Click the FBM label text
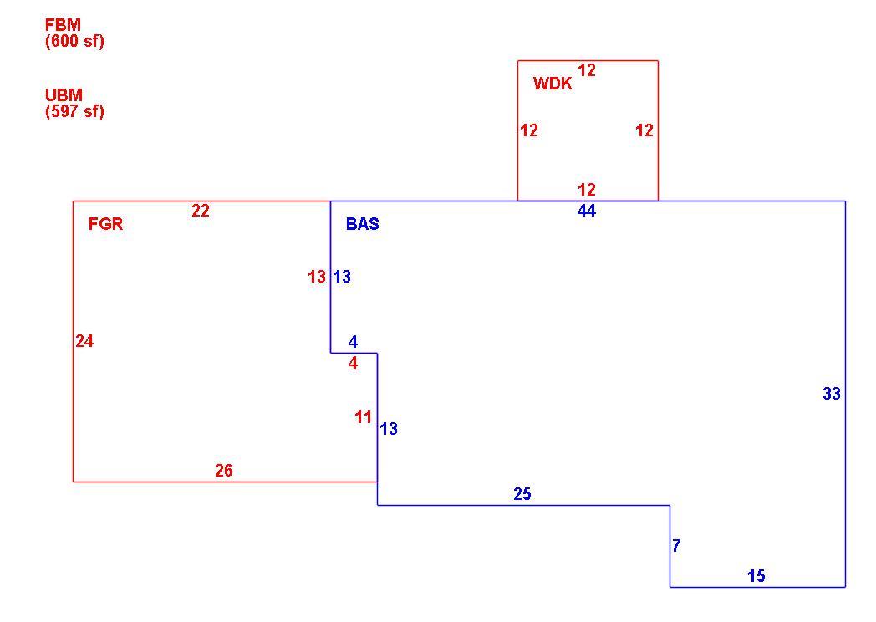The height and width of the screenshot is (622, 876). pos(64,25)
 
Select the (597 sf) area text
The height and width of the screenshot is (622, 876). pos(75,111)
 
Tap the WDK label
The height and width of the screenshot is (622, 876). pos(553,84)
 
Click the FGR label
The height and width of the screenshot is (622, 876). pos(105,224)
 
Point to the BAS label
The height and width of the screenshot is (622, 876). pos(363,224)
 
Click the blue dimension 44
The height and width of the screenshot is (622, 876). pos(587,212)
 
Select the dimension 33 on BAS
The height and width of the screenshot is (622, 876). pos(832,394)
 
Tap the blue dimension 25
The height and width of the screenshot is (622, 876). pos(522,494)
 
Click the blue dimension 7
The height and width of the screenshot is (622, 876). pos(676,545)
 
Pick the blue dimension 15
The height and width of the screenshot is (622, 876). pos(756,576)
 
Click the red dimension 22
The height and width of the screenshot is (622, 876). pos(201,211)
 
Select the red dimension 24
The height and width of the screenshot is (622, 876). pos(84,341)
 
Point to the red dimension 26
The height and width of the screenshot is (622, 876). pos(224,471)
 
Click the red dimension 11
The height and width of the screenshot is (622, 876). pos(363,417)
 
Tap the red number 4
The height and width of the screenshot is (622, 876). pos(353,364)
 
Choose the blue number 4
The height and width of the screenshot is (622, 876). pos(353,342)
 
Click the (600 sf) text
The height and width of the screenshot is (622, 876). pos(75,41)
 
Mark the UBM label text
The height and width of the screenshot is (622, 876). pos(64,95)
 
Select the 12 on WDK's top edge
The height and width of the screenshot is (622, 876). pos(587,70)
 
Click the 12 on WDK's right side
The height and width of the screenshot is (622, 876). pos(644,130)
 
